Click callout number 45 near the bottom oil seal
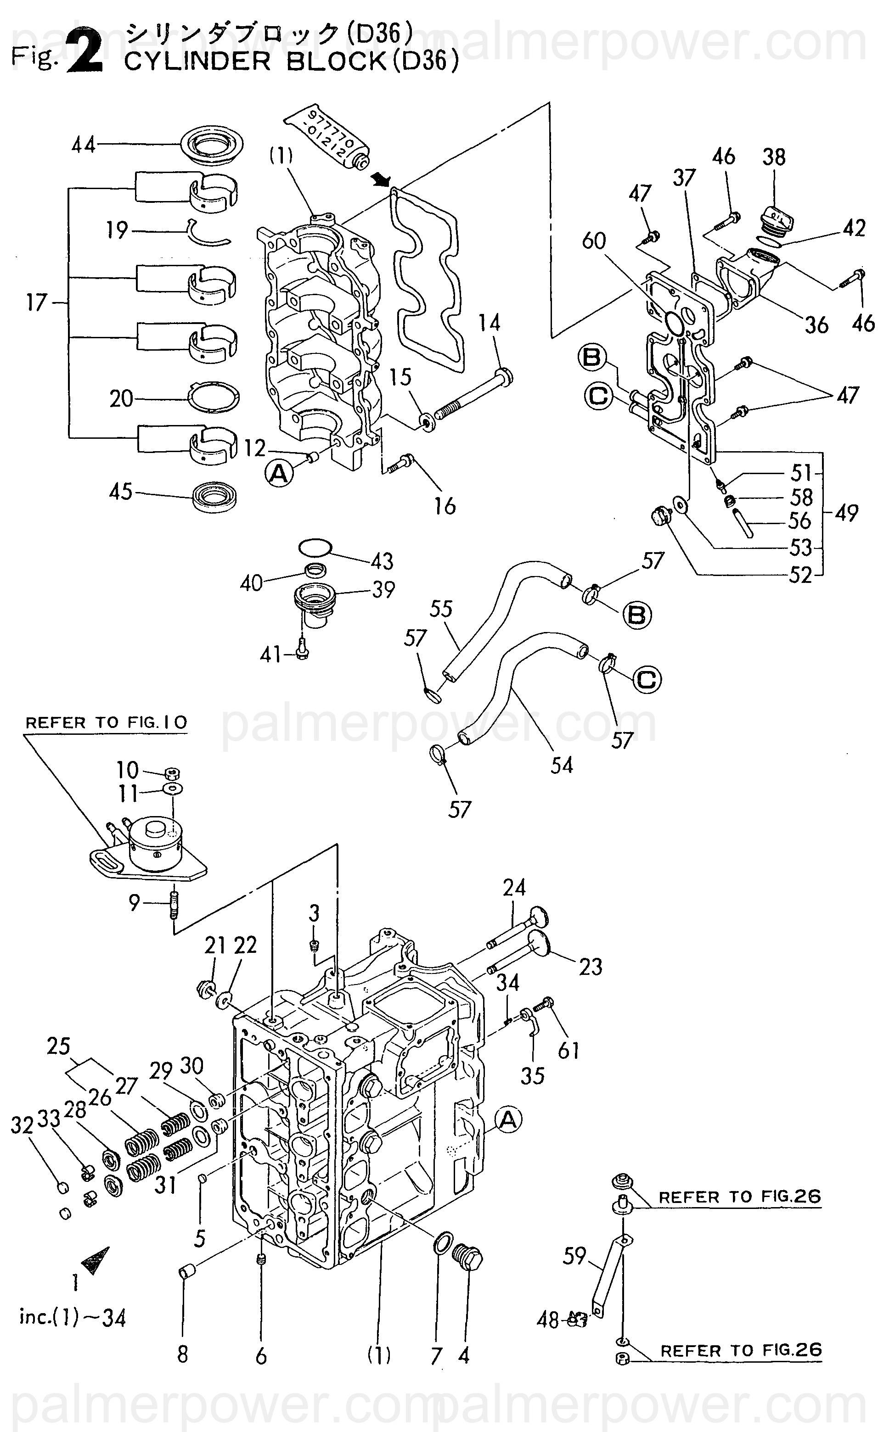click(x=120, y=492)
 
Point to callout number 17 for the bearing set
click(x=36, y=303)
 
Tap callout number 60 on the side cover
click(x=594, y=241)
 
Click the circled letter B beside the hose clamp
click(x=637, y=615)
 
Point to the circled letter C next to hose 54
click(x=647, y=679)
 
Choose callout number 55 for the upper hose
click(x=441, y=609)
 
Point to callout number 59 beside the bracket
click(x=574, y=1257)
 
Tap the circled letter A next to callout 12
click(x=279, y=474)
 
